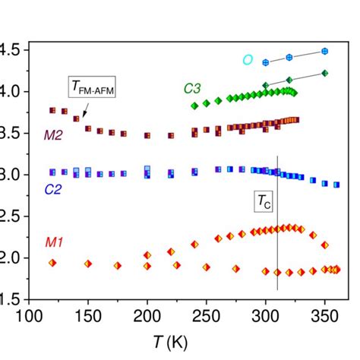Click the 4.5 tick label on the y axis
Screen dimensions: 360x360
point(10,50)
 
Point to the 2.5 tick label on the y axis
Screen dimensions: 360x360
point(10,216)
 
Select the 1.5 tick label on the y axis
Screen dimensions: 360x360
point(10,299)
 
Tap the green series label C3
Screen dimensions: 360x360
point(192,88)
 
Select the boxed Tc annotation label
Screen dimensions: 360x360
point(263,201)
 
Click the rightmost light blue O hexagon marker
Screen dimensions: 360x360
point(325,52)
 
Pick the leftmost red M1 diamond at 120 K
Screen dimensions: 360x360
point(52,262)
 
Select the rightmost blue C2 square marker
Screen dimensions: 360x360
point(336,185)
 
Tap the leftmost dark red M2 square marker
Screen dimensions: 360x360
point(52,110)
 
